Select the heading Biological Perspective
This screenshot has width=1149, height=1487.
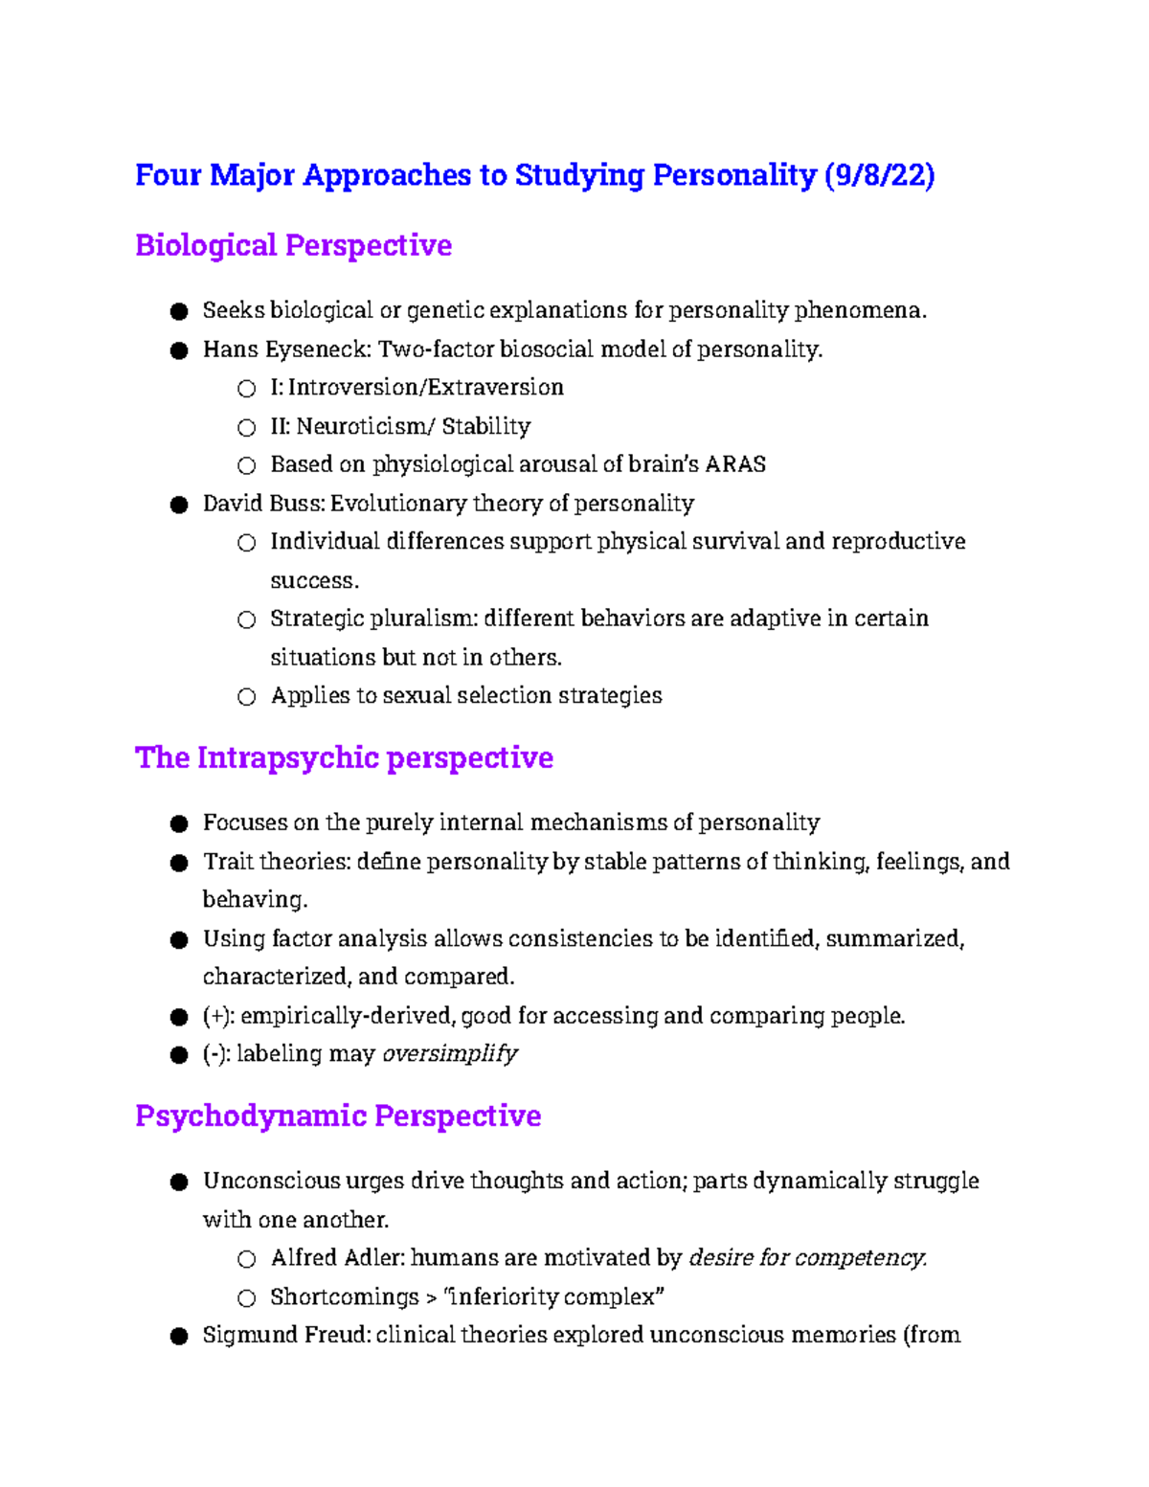pos(293,245)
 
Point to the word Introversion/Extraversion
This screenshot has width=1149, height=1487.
pos(425,388)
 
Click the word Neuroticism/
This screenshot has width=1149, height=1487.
pos(365,426)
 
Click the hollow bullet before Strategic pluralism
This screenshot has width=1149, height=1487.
pos(247,620)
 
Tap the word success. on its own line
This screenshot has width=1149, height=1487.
pos(314,581)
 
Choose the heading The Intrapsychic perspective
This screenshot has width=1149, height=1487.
pos(344,757)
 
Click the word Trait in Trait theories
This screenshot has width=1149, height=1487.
pos(228,862)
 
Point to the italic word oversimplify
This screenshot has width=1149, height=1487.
pos(450,1054)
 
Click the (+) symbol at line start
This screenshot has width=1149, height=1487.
pos(217,1016)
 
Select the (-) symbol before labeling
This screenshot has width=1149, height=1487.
pos(215,1054)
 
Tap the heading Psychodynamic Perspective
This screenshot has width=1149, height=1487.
pos(338,1115)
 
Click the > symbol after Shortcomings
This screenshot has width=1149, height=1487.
pos(432,1297)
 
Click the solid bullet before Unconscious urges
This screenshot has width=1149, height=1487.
pos(179,1183)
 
